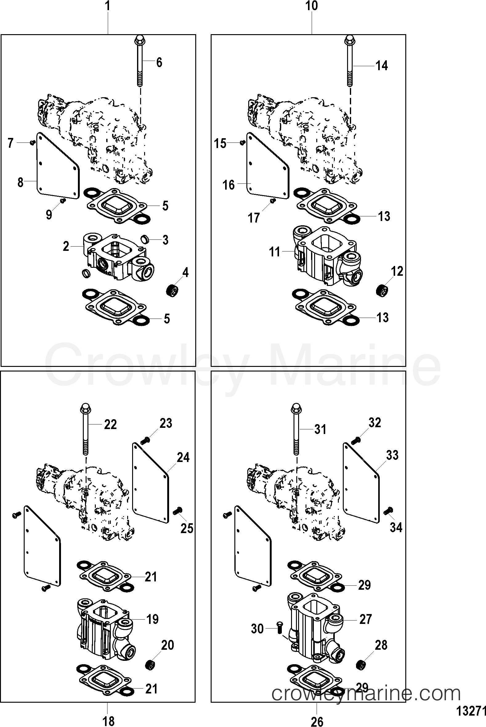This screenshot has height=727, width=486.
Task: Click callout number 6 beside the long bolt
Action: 159,62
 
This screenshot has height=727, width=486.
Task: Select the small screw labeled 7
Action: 31,142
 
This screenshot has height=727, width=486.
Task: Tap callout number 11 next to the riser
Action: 275,252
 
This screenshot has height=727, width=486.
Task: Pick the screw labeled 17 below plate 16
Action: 273,201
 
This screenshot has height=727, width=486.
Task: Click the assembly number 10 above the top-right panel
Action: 311,6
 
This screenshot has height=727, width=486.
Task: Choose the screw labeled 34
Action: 387,511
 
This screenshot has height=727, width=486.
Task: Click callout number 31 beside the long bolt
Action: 320,429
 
